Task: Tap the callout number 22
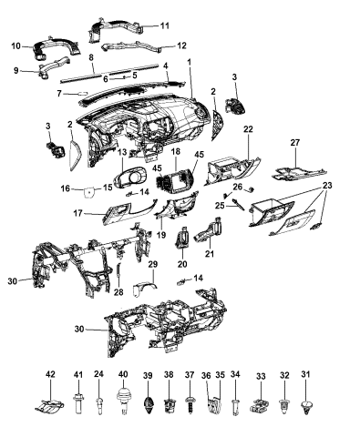[x=247, y=129]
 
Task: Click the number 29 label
[x=153, y=264]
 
